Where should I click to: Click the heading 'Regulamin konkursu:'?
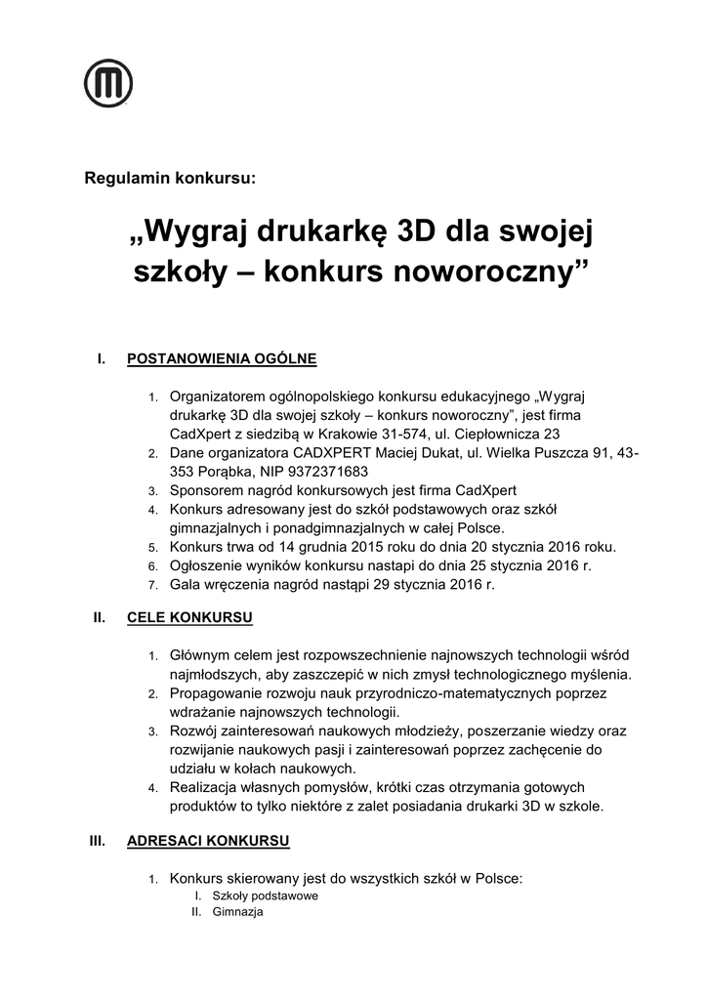pyautogui.click(x=170, y=179)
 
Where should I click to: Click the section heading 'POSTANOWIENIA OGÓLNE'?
pyautogui.click(x=222, y=358)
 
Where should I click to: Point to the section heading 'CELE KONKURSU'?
pyautogui.click(x=189, y=618)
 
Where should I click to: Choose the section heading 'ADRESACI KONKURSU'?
pyautogui.click(x=208, y=841)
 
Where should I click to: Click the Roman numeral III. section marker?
pyautogui.click(x=97, y=841)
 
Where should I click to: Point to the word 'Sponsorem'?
pyautogui.click(x=206, y=490)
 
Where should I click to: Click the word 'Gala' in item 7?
pyautogui.click(x=185, y=584)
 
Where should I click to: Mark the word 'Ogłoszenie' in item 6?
pyautogui.click(x=206, y=565)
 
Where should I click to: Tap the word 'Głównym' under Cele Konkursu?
pyautogui.click(x=200, y=655)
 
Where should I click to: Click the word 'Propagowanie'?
pyautogui.click(x=215, y=692)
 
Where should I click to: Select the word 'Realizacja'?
pyautogui.click(x=204, y=786)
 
